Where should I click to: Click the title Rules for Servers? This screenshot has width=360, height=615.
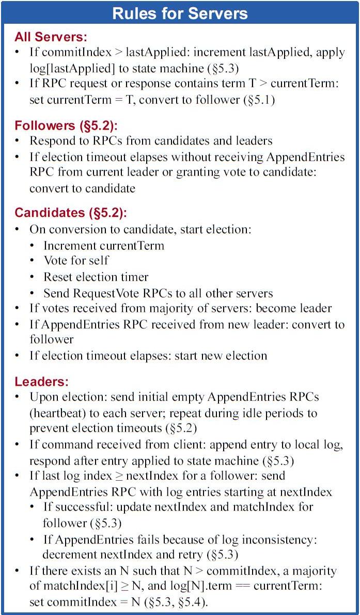pos(180,13)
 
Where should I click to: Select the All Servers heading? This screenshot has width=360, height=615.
pos(51,37)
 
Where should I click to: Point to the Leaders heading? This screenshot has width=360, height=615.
pos(41,382)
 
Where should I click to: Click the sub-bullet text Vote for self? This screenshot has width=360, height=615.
pos(76,260)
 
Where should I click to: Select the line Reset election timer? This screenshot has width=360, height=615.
pos(96,277)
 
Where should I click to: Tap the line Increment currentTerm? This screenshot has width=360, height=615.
pos(103,245)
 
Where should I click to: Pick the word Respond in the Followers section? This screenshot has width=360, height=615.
pos(50,140)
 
